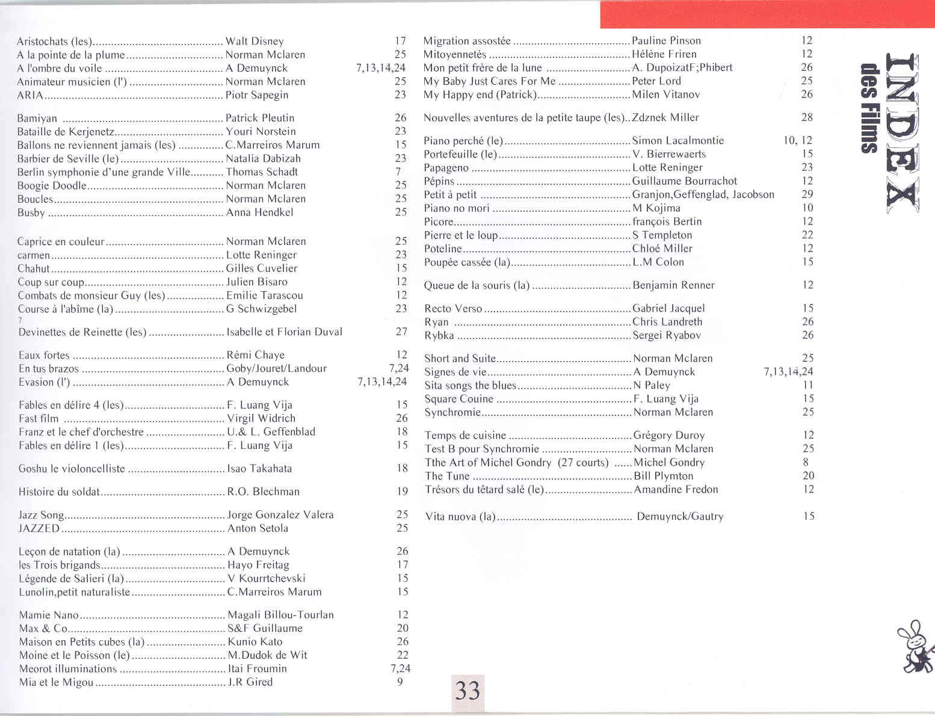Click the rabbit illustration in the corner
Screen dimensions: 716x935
pos(915,647)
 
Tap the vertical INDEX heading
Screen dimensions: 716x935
pos(901,132)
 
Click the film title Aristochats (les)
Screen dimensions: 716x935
pos(55,42)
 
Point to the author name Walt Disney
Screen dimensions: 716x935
pos(255,42)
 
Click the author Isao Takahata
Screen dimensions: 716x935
pos(259,469)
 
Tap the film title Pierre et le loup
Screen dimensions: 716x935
pos(461,235)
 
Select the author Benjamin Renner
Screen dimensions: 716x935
pos(673,285)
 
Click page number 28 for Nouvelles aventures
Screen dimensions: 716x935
pos(807,117)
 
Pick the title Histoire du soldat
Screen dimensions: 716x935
pos(59,492)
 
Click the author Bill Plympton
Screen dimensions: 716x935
pos(664,476)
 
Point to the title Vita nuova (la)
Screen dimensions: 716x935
pos(460,516)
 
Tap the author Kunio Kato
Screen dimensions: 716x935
pos(255,642)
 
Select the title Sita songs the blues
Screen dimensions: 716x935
pos(471,386)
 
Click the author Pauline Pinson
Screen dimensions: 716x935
pos(666,41)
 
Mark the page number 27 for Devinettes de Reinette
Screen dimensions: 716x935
pos(401,332)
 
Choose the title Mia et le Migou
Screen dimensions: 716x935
pos(56,682)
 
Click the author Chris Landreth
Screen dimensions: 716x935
pos(667,322)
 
